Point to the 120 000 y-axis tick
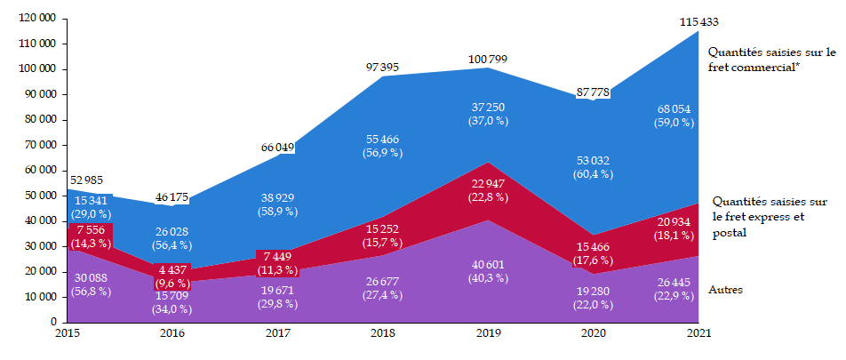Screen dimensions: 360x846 (x=36, y=18)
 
